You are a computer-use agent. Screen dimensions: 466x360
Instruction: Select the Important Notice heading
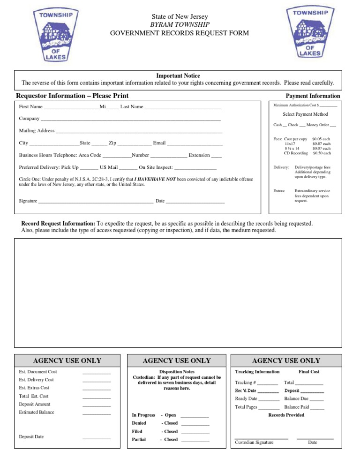point(178,75)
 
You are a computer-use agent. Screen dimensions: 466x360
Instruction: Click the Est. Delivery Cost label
point(36,380)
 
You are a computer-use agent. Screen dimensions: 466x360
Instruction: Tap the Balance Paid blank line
point(317,408)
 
